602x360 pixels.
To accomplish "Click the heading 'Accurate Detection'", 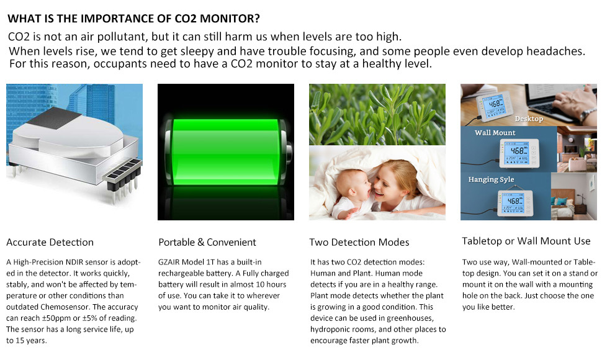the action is tap(50, 242).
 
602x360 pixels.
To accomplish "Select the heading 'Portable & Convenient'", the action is tap(207, 242).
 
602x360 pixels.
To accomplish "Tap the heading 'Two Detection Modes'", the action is tap(359, 242).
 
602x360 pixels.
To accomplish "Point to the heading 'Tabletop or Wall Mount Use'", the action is tap(526, 241).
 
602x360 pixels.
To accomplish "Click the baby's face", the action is tap(351, 188).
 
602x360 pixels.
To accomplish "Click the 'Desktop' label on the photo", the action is tap(529, 119).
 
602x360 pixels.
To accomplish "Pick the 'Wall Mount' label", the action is tap(495, 133).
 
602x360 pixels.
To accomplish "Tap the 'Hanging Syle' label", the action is tap(491, 179).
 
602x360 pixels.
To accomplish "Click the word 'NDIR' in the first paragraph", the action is tap(74, 262).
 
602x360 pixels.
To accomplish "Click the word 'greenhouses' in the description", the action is tap(410, 318).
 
